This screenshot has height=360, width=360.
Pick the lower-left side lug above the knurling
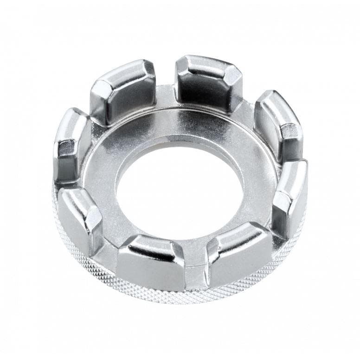click(x=80, y=218)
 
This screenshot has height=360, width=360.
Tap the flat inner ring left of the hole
click(x=100, y=181)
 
